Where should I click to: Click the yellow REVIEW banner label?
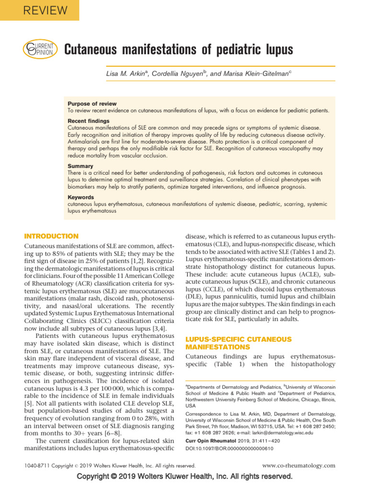click(39, 10)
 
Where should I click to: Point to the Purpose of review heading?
click(92, 104)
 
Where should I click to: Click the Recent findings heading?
click(89, 121)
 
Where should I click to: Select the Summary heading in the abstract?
click(80, 166)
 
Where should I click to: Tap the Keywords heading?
click(81, 197)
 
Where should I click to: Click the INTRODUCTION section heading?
click(51, 236)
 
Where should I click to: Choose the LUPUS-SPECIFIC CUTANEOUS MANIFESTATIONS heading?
click(238, 343)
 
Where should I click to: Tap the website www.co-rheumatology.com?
click(299, 465)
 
